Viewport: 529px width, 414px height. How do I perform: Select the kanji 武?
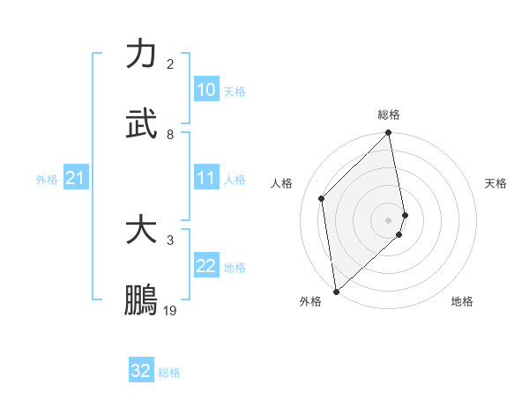(141, 125)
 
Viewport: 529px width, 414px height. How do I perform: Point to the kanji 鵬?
(141, 300)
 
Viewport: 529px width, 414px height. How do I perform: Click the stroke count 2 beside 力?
(170, 64)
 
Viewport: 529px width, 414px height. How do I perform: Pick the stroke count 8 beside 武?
(170, 135)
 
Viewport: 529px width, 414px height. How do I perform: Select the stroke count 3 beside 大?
(170, 240)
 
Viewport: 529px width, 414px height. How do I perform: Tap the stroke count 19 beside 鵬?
(170, 310)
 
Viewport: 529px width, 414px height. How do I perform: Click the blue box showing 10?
(205, 90)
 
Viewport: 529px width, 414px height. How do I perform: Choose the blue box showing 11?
(205, 178)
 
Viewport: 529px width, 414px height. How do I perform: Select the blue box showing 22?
(205, 266)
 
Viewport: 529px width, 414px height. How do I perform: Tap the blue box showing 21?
(75, 178)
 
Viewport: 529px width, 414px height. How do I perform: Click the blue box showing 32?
(140, 371)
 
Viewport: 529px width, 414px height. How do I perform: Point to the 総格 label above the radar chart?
(389, 115)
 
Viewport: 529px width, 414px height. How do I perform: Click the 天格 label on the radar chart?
(496, 183)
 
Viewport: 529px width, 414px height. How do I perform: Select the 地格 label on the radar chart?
(462, 301)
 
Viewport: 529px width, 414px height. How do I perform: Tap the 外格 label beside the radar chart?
(310, 301)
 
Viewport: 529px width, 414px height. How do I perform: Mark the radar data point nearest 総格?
(389, 134)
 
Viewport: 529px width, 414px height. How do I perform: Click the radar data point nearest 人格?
(322, 198)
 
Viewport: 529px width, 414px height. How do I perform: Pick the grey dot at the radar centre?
(389, 219)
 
